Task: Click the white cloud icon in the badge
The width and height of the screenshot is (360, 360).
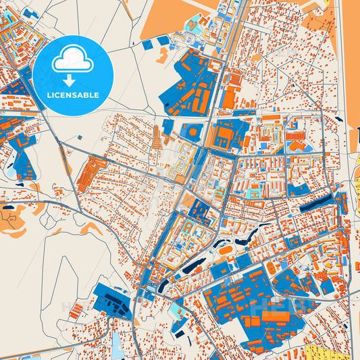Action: coord(72,59)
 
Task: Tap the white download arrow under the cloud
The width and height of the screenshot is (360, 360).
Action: coord(72,79)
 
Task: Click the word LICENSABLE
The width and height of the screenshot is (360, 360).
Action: coord(72,95)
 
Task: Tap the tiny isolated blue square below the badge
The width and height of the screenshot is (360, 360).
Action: coord(80,138)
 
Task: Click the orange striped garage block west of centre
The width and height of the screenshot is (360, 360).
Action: coord(93,173)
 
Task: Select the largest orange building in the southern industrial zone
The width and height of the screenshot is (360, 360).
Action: coord(277,315)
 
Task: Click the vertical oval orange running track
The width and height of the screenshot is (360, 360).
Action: coord(271,268)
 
